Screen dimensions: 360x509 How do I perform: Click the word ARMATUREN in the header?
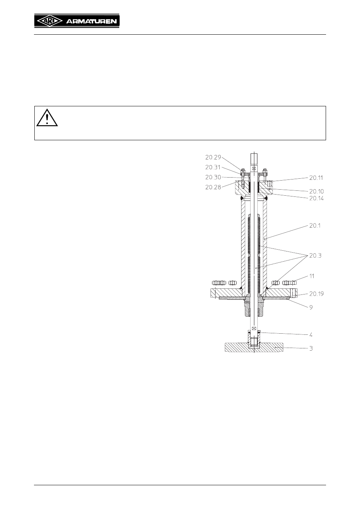pos(91,21)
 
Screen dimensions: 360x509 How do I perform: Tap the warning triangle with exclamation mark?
pos(47,118)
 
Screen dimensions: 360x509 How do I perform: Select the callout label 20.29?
pos(213,157)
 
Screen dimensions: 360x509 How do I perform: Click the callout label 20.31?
pos(213,167)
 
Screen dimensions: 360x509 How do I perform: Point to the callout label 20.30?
pos(213,177)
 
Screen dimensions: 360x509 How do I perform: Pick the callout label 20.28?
pos(213,187)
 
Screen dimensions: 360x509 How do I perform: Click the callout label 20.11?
pos(316,178)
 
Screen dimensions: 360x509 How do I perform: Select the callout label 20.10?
pos(317,191)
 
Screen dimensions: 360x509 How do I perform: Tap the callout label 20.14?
pos(317,198)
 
